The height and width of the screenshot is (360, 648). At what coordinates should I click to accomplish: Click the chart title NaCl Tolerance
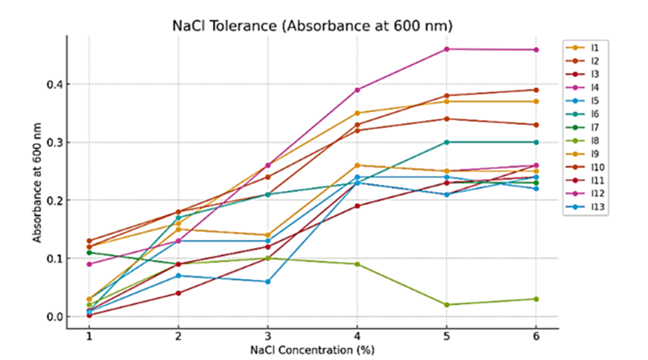click(312, 26)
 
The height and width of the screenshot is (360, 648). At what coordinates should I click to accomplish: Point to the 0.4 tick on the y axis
click(53, 84)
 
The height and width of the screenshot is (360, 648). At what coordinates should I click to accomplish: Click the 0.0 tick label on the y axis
click(53, 317)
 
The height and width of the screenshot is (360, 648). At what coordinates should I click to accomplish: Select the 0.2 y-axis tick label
click(53, 200)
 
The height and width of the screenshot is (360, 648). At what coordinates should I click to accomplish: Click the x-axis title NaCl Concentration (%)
click(312, 350)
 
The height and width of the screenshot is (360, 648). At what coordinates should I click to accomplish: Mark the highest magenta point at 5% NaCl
click(446, 49)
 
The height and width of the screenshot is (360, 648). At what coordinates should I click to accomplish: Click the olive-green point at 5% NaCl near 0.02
click(446, 305)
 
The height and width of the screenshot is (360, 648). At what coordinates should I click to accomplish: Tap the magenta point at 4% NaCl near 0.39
click(357, 90)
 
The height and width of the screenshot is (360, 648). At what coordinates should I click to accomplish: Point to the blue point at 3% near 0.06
click(268, 282)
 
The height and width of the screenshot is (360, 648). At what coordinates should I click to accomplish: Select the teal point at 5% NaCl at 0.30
click(446, 142)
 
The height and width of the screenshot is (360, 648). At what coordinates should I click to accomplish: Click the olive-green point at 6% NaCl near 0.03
click(536, 299)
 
